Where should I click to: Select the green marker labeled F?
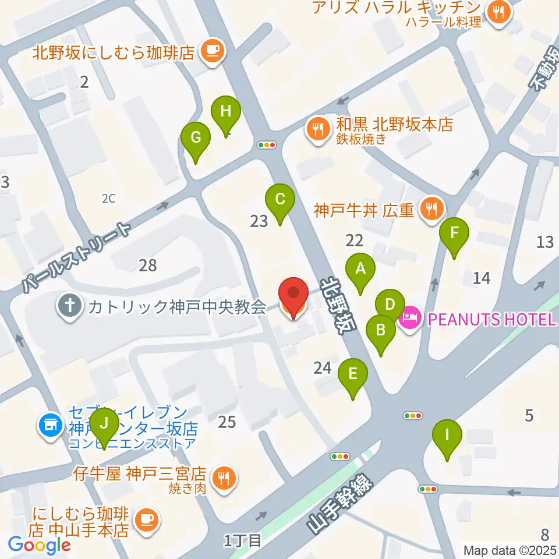(455, 233)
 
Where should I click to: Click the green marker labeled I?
(447, 435)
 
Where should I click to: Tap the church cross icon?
(70, 307)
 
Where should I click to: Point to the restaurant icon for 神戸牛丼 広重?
(431, 208)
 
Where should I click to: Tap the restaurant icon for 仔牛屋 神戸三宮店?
(222, 479)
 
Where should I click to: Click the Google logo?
(39, 544)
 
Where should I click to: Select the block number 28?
(148, 266)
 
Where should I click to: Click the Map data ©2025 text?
(510, 550)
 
